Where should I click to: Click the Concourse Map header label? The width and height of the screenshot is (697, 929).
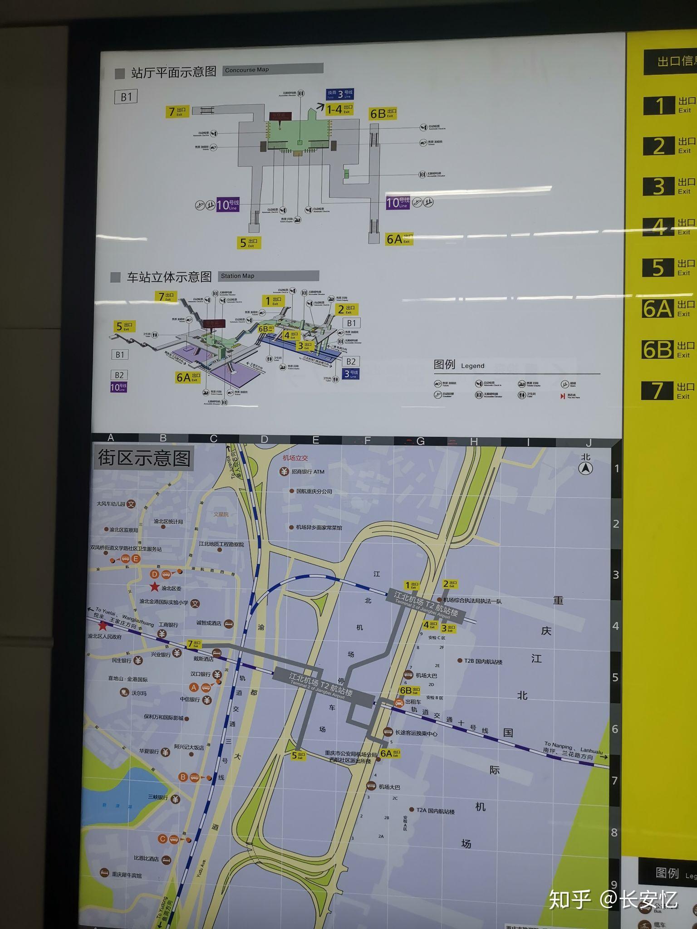(x=247, y=70)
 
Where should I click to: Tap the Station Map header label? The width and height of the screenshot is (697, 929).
(x=237, y=276)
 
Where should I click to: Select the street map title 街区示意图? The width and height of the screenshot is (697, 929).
(x=144, y=458)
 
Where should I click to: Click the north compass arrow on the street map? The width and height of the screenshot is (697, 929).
(x=586, y=468)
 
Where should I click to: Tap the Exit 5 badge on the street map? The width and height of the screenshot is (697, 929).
(x=298, y=755)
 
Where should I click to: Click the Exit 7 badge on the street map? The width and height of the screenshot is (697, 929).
(x=194, y=644)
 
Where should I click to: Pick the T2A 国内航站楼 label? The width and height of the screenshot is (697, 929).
(x=435, y=811)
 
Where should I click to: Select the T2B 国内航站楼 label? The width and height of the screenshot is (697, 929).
(x=483, y=661)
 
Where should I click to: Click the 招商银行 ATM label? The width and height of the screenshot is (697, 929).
(x=308, y=472)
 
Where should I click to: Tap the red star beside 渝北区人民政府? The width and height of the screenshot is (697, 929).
(x=103, y=626)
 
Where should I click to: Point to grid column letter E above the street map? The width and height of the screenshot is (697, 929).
(x=316, y=440)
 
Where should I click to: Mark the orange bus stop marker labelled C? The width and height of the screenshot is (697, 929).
(x=163, y=839)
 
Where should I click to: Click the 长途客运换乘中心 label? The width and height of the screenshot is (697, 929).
(x=416, y=733)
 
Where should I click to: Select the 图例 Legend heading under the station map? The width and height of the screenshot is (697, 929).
(x=459, y=365)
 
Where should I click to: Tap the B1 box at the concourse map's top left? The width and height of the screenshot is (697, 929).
(x=126, y=97)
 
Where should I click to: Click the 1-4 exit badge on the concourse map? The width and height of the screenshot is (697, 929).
(x=339, y=109)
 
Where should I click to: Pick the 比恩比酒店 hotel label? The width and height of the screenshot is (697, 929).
(x=146, y=858)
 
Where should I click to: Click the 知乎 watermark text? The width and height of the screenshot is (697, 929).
(x=569, y=899)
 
